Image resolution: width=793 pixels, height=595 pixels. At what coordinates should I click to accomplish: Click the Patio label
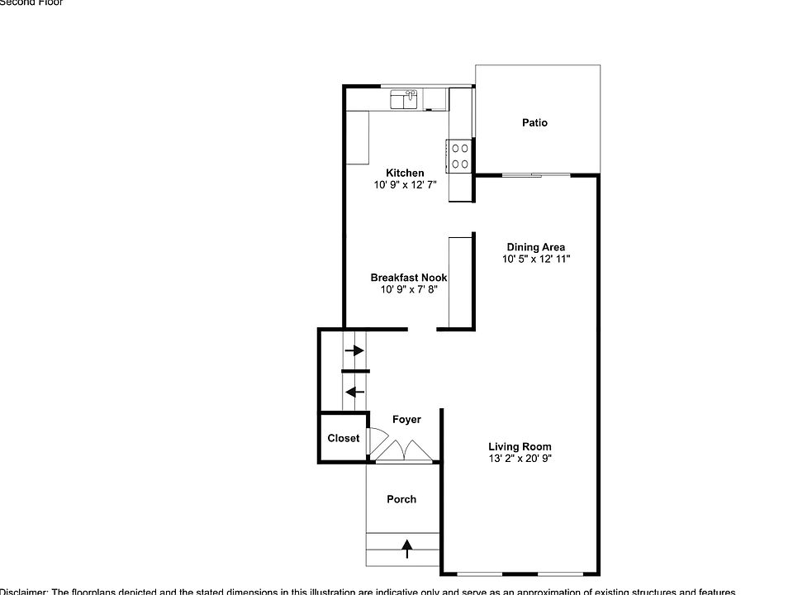(534, 123)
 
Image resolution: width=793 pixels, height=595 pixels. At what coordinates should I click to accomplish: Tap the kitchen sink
(405, 100)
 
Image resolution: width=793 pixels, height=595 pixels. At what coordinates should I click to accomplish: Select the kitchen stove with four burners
(459, 156)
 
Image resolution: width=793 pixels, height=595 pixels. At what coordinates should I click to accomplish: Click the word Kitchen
(405, 173)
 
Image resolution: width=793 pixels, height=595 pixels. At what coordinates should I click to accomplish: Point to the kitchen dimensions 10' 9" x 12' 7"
(405, 186)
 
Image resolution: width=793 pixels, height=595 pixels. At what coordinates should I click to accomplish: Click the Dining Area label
(536, 246)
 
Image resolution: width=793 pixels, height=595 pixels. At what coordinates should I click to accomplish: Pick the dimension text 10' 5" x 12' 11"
(536, 259)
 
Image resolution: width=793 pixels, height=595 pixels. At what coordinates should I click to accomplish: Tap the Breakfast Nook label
(408, 278)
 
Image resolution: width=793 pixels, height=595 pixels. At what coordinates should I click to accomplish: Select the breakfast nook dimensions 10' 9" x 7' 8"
(408, 290)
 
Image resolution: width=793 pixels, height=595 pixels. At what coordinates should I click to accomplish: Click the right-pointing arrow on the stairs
(354, 350)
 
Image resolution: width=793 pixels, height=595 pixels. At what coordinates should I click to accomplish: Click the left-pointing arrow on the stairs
(354, 392)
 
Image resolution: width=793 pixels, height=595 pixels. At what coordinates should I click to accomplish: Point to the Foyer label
(406, 420)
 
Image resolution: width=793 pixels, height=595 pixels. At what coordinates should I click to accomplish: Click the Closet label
(343, 438)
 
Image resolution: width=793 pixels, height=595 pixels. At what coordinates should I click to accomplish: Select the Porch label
(401, 499)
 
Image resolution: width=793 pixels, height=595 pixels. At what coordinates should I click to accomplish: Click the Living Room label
(520, 447)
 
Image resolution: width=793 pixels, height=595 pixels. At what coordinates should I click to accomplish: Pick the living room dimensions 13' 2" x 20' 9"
(520, 459)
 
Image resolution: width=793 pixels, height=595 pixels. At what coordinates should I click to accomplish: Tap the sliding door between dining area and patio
(536, 175)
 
